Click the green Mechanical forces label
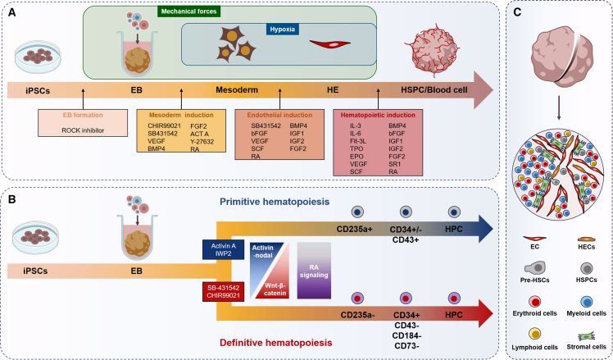point(188,11)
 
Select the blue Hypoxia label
point(282,30)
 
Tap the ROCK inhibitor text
point(83,130)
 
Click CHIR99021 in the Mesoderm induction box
point(164,126)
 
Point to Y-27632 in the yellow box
point(202,141)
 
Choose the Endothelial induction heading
point(279,115)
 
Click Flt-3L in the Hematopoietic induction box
point(358,141)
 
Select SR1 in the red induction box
point(394,164)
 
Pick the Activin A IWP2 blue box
point(223,249)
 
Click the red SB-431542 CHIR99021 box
point(223,291)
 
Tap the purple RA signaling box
point(314,271)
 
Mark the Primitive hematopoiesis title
point(275,202)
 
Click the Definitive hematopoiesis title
point(276,343)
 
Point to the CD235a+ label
point(356,229)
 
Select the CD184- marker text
point(406,335)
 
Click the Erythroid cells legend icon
point(534,301)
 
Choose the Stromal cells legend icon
point(586,336)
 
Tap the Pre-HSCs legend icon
point(535,268)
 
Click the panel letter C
point(517,12)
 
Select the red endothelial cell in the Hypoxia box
point(330,43)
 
